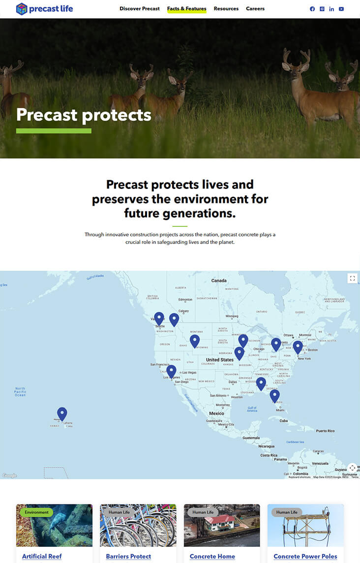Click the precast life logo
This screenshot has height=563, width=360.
(44, 9)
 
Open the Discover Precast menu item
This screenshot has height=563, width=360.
(140, 9)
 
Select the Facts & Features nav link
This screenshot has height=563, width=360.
(186, 9)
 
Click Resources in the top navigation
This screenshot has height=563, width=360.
(226, 9)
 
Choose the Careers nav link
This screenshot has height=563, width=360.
(255, 9)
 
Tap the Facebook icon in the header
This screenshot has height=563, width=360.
(312, 9)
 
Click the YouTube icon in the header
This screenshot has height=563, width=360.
(341, 9)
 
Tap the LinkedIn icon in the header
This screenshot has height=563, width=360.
(331, 9)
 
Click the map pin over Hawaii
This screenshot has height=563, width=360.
(62, 413)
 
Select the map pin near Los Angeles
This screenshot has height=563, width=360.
(171, 371)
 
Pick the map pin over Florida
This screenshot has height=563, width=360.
(274, 395)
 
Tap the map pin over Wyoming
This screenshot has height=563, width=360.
(195, 341)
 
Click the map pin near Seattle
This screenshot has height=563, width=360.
(159, 318)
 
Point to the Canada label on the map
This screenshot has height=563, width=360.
(219, 281)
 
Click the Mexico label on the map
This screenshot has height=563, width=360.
(216, 413)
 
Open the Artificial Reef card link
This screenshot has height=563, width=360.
(42, 556)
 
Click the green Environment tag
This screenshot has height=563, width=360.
(37, 512)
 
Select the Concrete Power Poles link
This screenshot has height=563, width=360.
(305, 556)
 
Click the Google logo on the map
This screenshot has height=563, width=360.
(9, 475)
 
